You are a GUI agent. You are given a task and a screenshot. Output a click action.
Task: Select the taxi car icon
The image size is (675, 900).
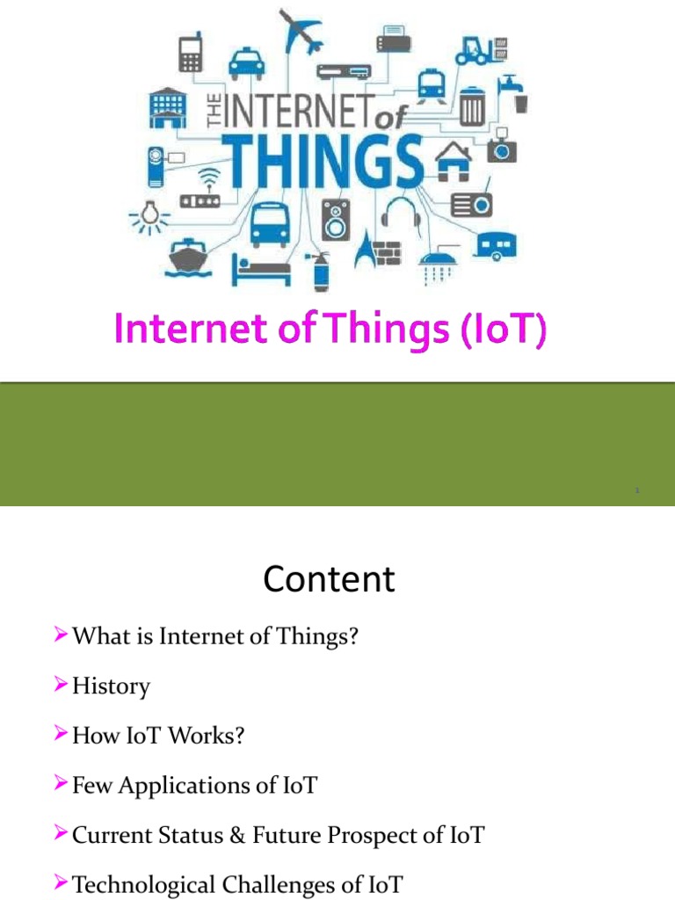tap(245, 62)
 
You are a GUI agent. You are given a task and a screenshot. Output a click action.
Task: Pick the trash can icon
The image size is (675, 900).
tap(472, 105)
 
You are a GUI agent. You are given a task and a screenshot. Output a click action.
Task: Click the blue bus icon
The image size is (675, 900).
tap(269, 223)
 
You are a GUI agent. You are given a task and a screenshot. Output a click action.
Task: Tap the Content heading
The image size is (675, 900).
tap(329, 580)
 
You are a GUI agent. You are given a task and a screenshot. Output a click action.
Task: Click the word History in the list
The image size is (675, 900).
tap(111, 686)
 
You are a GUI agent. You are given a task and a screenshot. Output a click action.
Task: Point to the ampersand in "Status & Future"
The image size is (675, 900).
tap(236, 835)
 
